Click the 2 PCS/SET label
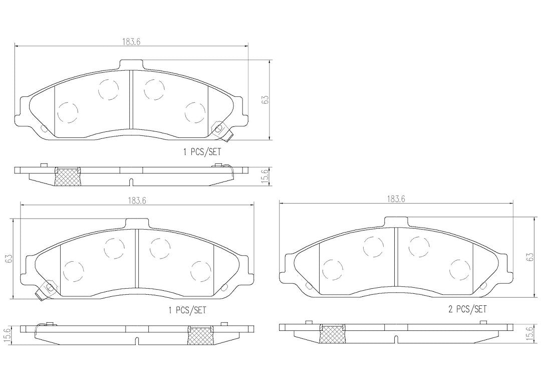[467, 309]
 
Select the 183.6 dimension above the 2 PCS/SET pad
[396, 199]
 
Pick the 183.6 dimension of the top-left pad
[131, 42]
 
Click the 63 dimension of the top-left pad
[264, 100]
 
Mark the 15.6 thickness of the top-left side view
[264, 176]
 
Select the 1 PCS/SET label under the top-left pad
[202, 151]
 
